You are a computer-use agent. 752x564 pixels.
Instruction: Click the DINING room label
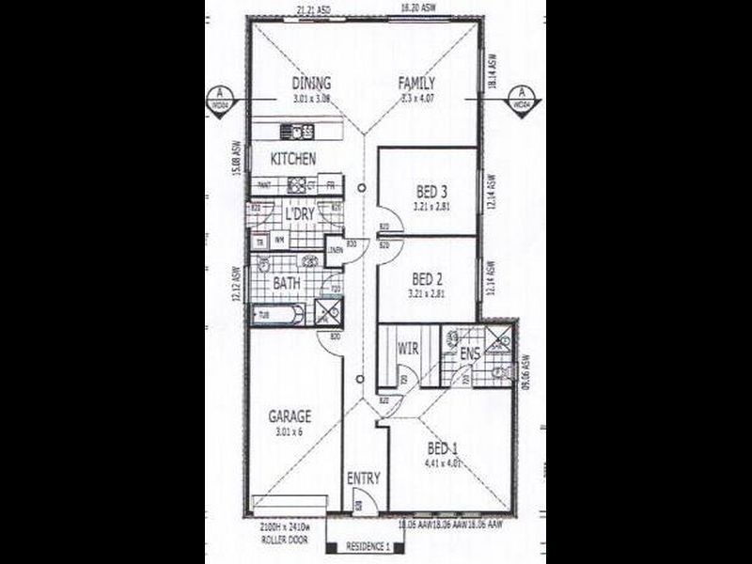311,83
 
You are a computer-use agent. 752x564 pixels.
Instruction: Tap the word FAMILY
415,83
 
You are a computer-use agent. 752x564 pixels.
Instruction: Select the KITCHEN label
293,159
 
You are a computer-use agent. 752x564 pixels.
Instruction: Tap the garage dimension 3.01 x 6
288,431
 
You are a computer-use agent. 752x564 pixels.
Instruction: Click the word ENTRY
363,478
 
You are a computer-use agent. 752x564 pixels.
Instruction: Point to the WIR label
407,349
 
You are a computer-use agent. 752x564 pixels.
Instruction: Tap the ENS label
469,354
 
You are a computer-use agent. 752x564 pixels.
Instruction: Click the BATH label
286,282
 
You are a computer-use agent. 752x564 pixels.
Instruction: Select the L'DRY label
299,215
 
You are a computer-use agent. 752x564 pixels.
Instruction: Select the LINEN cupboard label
334,249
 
